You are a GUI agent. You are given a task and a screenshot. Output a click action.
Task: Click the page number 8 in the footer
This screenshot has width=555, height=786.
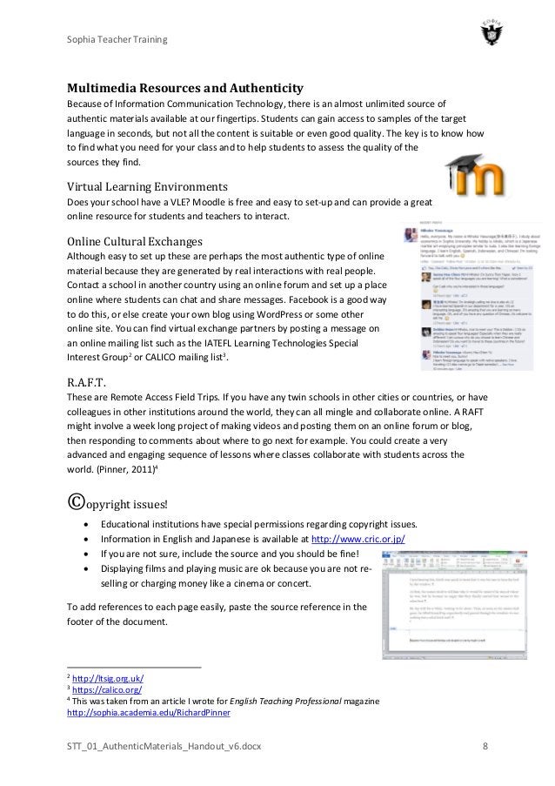click(485, 746)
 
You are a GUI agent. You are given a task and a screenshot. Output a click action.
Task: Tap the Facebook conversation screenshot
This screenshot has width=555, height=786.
click(456, 296)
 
